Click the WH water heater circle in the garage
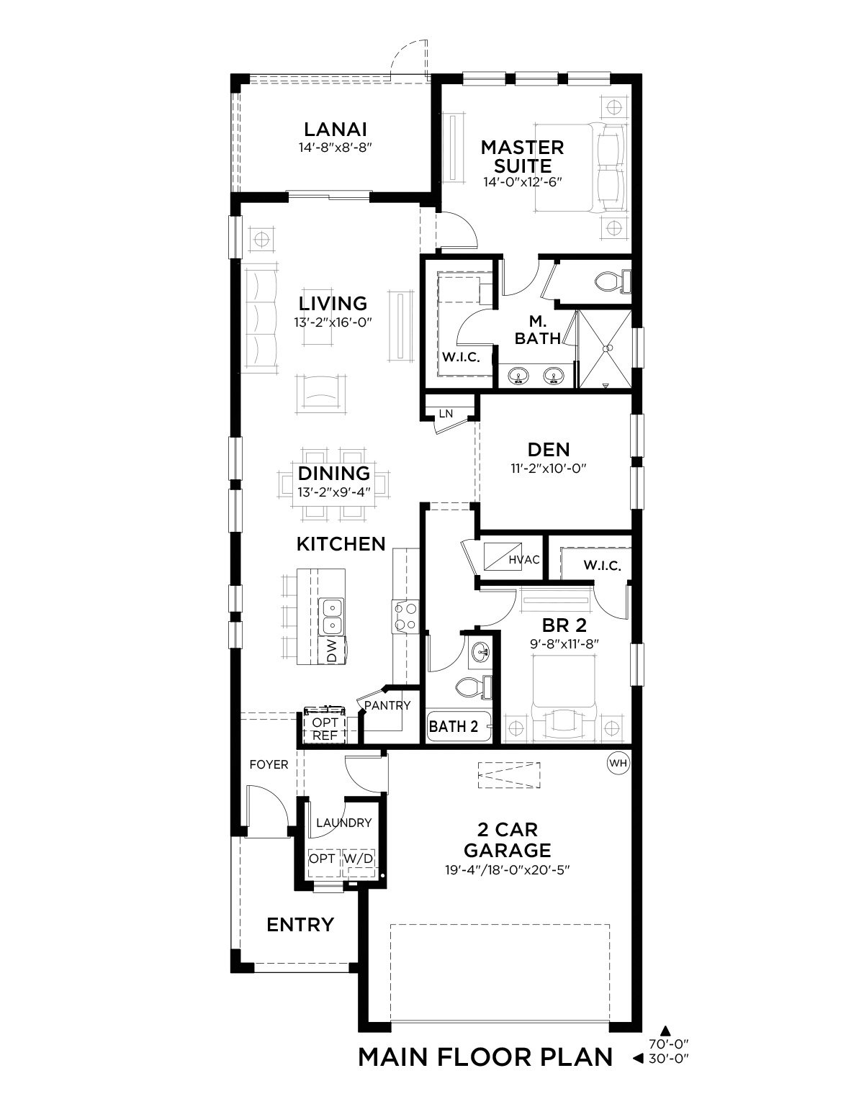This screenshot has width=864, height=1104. point(618,763)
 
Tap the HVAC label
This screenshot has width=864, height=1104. point(524,560)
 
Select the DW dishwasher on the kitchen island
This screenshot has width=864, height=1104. point(332,651)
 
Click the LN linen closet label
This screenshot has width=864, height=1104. point(446,414)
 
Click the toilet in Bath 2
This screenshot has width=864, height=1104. point(474,688)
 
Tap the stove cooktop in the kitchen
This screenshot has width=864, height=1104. point(405,616)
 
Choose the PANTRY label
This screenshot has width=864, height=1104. point(387,705)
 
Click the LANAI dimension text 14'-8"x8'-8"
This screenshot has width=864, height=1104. point(336,148)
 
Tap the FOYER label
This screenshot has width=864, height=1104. point(269,764)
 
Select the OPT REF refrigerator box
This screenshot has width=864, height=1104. point(325,729)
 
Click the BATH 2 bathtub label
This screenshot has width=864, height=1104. point(454,726)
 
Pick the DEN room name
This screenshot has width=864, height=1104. point(549,450)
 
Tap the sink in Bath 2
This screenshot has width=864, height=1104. point(480,651)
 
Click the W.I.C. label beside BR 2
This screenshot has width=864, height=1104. point(602,566)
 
